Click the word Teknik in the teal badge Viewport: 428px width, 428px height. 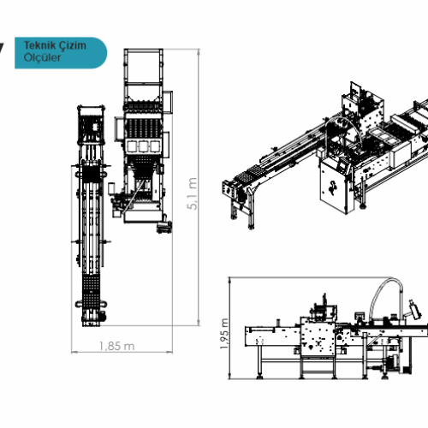(x=39, y=45)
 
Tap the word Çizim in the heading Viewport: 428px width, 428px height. (x=73, y=45)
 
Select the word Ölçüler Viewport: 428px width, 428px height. (x=42, y=57)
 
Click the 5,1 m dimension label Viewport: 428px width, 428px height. (x=193, y=193)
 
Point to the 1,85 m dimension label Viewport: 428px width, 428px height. (x=116, y=346)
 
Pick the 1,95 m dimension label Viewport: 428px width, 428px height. (x=224, y=334)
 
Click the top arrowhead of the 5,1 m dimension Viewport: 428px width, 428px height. (x=199, y=51)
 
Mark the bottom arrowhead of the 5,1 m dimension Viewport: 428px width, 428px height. (x=199, y=323)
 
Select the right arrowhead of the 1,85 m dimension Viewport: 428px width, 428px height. (x=169, y=353)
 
